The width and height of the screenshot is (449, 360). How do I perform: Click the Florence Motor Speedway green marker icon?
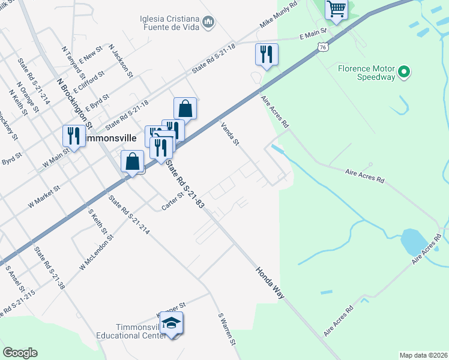tap(405, 73)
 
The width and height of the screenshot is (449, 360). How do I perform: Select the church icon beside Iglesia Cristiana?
tap(209, 23)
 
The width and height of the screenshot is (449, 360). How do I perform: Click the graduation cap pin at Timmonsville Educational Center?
tap(171, 324)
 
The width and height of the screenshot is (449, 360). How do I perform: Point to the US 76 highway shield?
tap(324, 46)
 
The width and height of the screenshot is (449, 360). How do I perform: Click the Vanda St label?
tap(230, 134)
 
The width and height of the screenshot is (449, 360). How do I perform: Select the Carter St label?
tap(172, 202)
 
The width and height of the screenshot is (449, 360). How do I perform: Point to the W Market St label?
tap(44, 197)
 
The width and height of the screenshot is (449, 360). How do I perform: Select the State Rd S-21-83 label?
tap(185, 183)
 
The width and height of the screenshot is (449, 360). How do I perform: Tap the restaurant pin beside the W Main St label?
tap(74, 136)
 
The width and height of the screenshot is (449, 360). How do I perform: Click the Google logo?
tap(20, 353)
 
